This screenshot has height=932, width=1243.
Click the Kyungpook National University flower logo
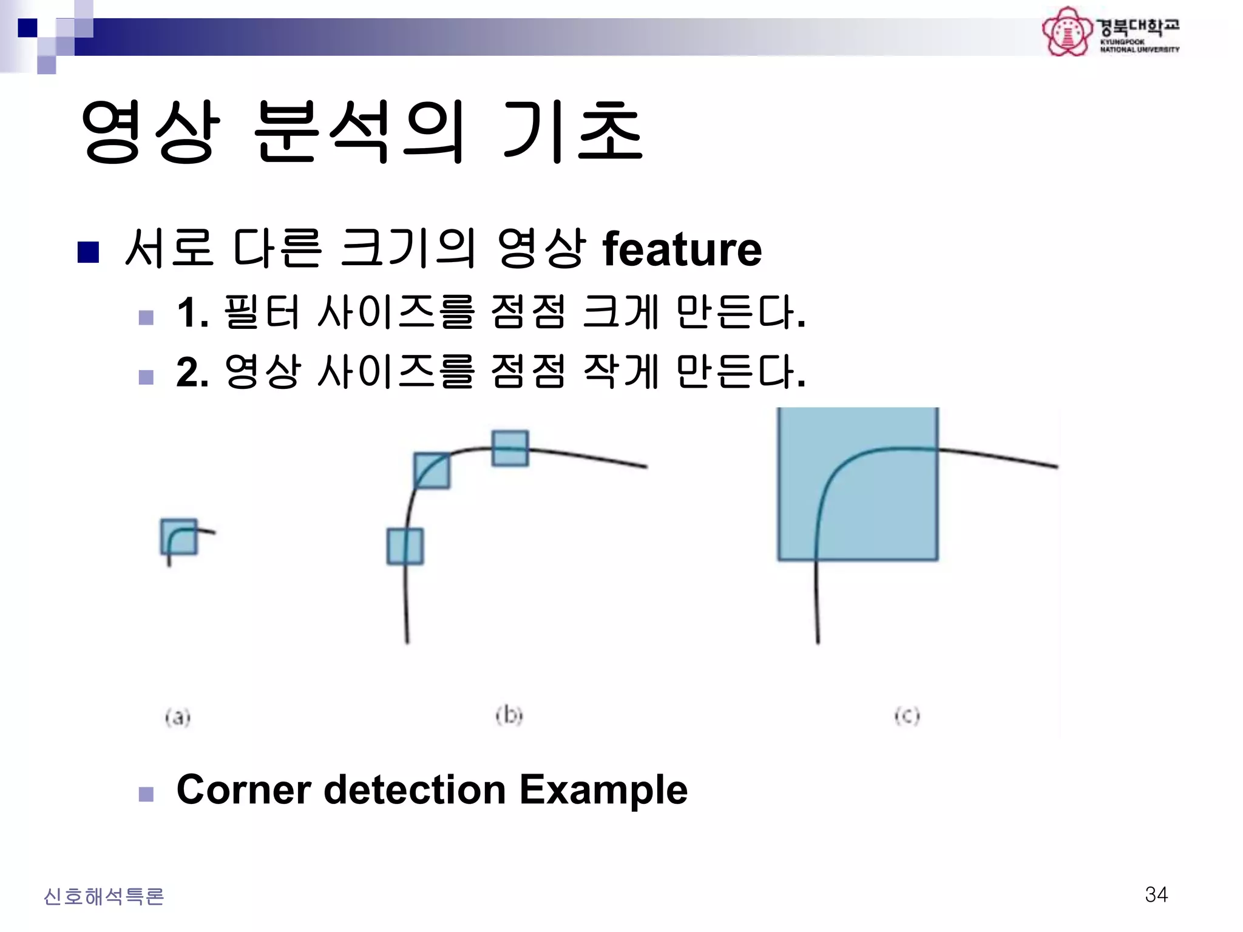[x=1067, y=32]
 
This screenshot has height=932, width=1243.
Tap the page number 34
[x=1156, y=894]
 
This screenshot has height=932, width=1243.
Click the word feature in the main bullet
[x=682, y=249]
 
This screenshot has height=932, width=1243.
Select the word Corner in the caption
[x=243, y=789]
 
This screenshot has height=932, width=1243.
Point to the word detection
[x=415, y=789]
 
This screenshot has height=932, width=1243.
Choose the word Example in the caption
[x=603, y=789]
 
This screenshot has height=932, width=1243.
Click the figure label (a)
[x=178, y=717]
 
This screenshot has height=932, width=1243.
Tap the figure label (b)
[x=509, y=715]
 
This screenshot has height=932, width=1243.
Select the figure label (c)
[x=907, y=716]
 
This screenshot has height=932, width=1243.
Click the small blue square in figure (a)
[x=179, y=536]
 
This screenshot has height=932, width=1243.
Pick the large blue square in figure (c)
[x=858, y=484]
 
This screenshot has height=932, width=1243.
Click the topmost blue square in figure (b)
[x=510, y=448]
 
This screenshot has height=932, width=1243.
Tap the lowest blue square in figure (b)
[x=405, y=546]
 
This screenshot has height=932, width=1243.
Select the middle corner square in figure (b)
[x=432, y=470]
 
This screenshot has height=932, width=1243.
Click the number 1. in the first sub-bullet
[x=192, y=312]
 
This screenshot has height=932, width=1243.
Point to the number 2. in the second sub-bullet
[x=192, y=372]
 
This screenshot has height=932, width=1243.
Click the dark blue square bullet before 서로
[x=89, y=252]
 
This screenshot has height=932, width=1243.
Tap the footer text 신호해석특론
[x=104, y=896]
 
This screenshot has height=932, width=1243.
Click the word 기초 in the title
[x=573, y=132]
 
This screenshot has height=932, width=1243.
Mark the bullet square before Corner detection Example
[x=146, y=794]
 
